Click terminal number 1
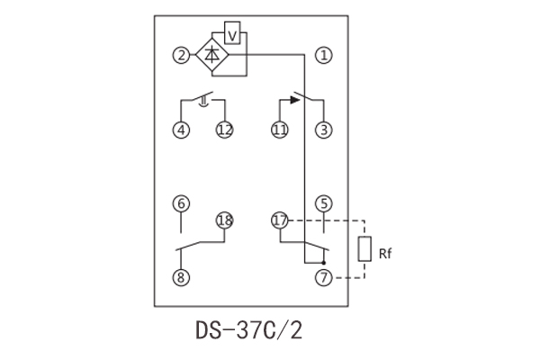(x=324, y=56)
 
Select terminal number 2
(x=183, y=56)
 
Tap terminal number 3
(x=324, y=130)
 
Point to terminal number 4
(x=183, y=130)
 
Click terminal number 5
(x=324, y=203)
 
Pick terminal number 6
(x=183, y=203)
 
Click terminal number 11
(x=279, y=130)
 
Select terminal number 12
(x=224, y=130)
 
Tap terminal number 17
(x=279, y=220)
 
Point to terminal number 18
(x=224, y=220)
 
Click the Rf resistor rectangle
(x=364, y=249)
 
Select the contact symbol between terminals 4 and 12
(x=204, y=99)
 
